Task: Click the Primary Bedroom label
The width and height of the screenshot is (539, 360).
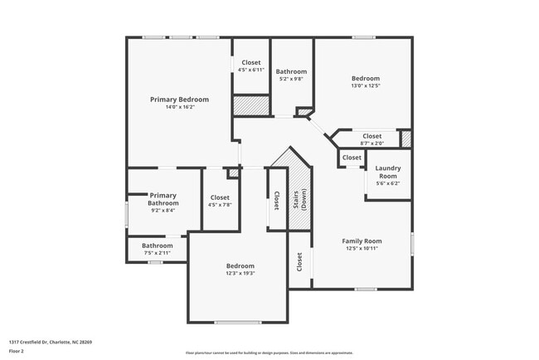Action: (179, 99)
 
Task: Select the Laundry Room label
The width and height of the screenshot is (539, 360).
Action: (388, 172)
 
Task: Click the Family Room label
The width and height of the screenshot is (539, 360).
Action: (362, 241)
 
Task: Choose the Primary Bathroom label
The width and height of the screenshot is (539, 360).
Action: (163, 199)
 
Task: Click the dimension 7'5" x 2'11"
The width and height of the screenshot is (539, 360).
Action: (157, 254)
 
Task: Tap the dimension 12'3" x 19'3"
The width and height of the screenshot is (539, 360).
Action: (240, 274)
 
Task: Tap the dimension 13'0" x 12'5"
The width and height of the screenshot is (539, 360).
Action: (365, 85)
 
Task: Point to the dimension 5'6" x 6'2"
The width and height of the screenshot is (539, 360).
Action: (388, 184)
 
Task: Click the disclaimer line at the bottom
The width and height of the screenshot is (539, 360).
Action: (269, 352)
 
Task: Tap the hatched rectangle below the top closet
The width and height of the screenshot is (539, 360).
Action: (251, 106)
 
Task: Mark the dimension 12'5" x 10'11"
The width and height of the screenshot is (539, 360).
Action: (362, 249)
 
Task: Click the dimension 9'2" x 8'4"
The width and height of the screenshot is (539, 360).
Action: (163, 211)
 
